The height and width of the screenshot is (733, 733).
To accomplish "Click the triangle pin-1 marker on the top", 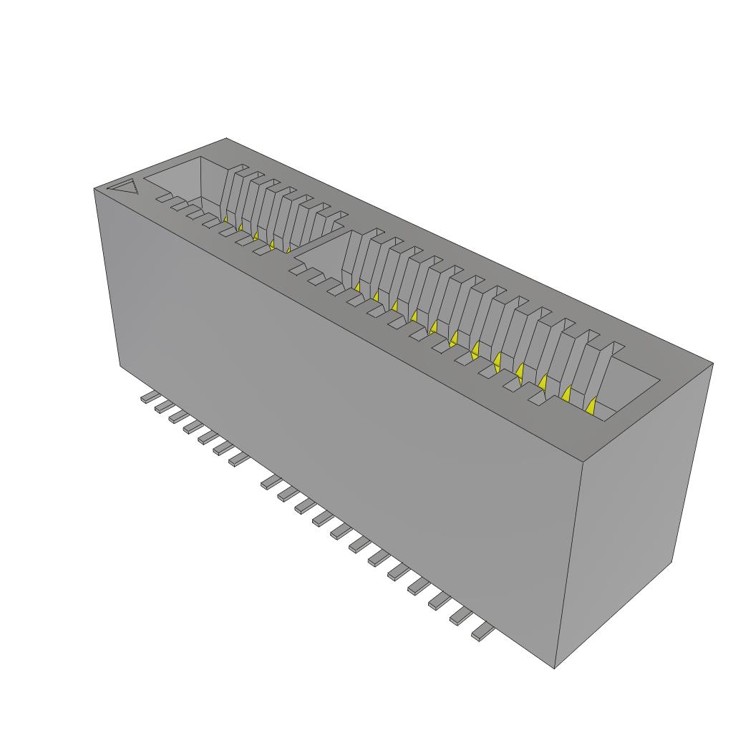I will click(x=123, y=188).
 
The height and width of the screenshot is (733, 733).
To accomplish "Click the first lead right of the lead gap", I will click(x=271, y=482).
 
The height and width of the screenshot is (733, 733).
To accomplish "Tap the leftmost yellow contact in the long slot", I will click(x=356, y=286).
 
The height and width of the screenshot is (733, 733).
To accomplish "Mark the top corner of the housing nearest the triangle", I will click(x=94, y=189).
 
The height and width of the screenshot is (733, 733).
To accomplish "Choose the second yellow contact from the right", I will click(x=567, y=394).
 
